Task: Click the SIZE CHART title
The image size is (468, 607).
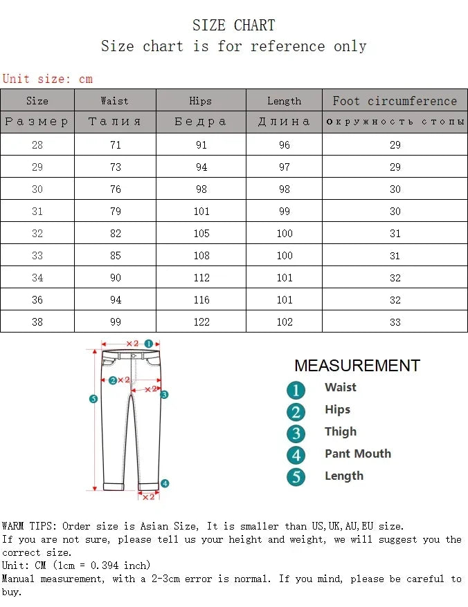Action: [233, 26]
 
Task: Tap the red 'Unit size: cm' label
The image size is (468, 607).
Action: [47, 79]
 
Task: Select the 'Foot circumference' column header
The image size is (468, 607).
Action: [395, 101]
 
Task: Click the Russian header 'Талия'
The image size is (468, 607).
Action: [115, 122]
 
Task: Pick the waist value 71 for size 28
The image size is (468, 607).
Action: [115, 145]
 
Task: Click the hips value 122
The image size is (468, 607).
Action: [201, 322]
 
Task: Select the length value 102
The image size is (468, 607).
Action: [284, 322]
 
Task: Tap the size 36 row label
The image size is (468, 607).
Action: [37, 300]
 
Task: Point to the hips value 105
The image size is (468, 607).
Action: [201, 234]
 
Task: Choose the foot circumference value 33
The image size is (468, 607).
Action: [395, 322]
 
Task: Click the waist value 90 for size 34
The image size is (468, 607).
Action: [115, 278]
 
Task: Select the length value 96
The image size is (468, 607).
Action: [284, 145]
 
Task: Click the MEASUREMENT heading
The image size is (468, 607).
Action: [357, 366]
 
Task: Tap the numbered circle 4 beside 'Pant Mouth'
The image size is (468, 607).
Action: [296, 455]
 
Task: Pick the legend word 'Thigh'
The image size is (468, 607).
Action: [341, 431]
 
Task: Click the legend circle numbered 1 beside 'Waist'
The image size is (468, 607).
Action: [296, 390]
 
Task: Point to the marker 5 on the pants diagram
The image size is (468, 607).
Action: [93, 398]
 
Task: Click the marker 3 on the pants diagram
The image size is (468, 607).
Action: [165, 395]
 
